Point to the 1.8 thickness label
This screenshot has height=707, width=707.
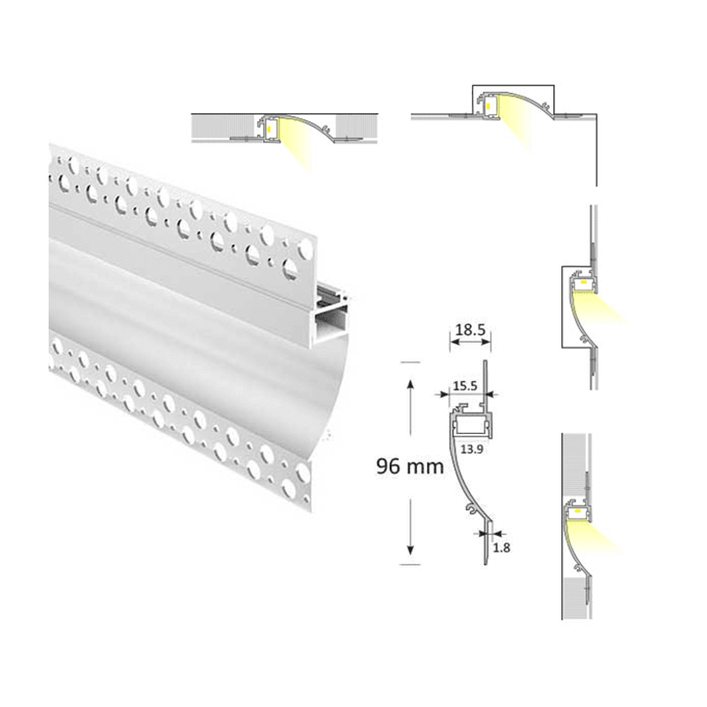(x=502, y=548)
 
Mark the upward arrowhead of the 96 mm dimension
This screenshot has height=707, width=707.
(x=409, y=384)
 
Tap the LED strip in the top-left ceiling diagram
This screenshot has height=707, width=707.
(x=269, y=127)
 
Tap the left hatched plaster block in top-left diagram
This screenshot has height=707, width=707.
(x=221, y=125)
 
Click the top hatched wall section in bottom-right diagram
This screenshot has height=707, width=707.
(x=575, y=464)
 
